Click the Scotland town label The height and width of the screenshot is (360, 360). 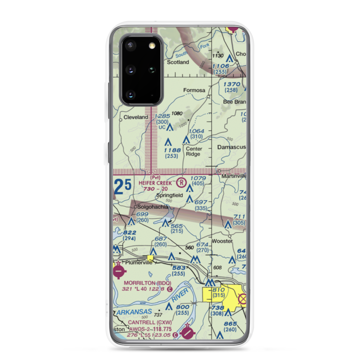click(x=178, y=62)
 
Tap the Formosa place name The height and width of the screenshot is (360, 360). click(x=193, y=90)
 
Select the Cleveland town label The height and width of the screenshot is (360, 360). click(x=136, y=117)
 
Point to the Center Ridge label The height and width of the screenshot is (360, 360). click(x=194, y=152)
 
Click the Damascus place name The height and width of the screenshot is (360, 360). click(x=231, y=147)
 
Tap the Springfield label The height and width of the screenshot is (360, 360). click(x=169, y=195)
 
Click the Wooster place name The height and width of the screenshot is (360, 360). click(x=222, y=241)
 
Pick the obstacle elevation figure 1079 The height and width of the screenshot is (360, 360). click(x=198, y=178)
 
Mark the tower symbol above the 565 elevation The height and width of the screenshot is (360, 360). click(x=165, y=223)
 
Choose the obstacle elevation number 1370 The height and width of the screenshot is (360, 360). click(x=231, y=84)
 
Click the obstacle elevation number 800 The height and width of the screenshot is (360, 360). click(x=183, y=307)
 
